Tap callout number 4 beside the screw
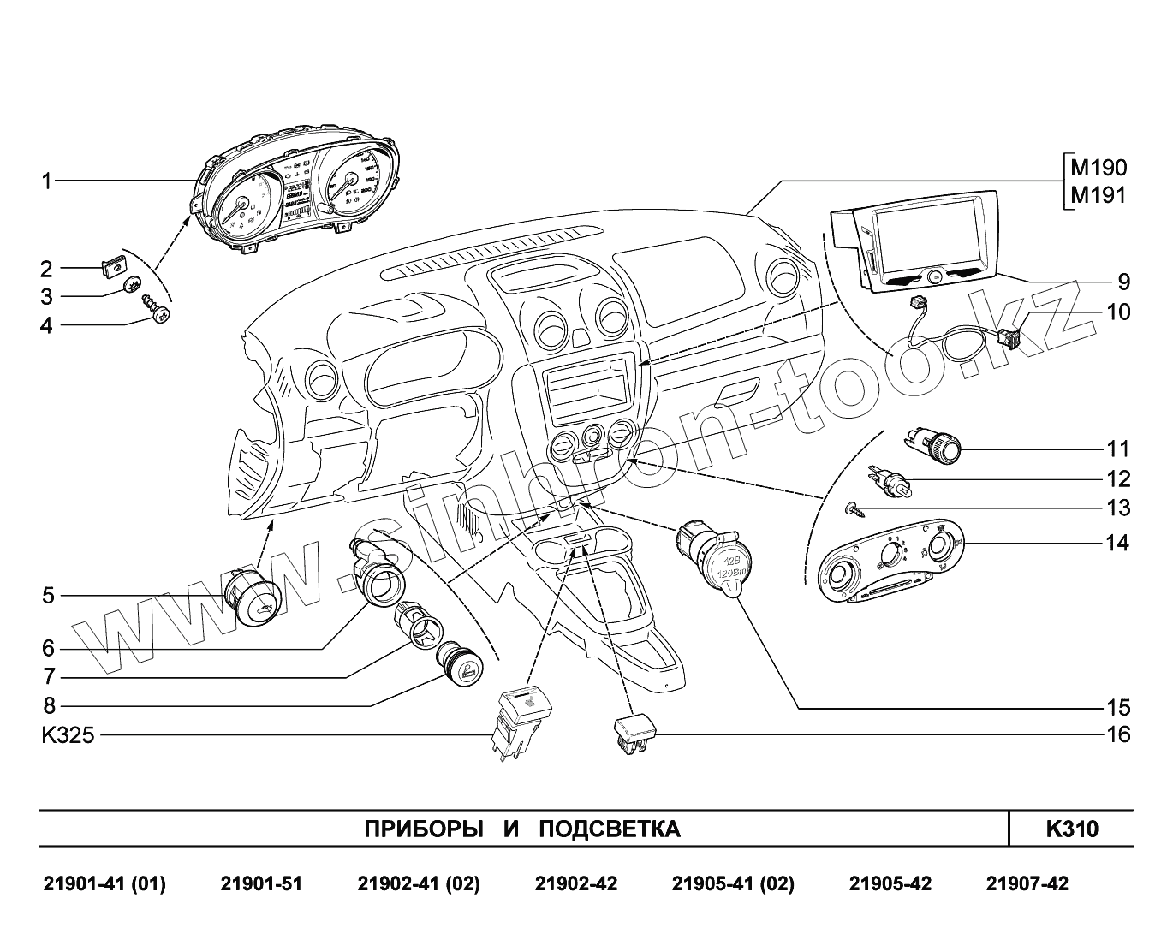tap(47, 326)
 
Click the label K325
tap(68, 735)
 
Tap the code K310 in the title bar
tap(1071, 829)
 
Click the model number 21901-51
tap(261, 883)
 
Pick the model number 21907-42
tap(1027, 883)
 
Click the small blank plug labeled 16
tap(634, 734)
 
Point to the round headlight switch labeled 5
tap(253, 597)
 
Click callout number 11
tap(1118, 449)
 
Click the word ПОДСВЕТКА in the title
tap(610, 829)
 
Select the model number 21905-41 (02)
tap(733, 883)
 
